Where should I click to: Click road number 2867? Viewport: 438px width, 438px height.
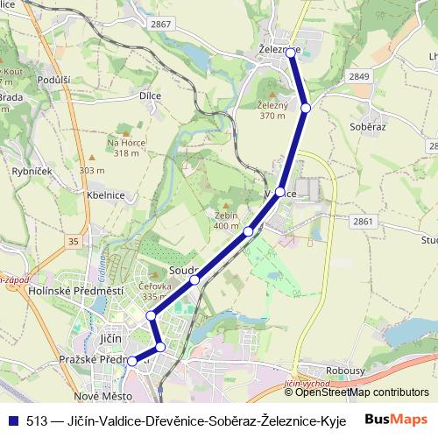[x=160, y=25]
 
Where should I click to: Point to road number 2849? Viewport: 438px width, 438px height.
[x=359, y=76]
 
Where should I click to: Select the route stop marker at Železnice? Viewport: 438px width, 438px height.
[x=292, y=53]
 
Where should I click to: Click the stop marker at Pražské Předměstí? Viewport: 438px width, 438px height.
[x=132, y=360]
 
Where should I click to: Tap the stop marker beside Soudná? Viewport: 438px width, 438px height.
[x=194, y=279]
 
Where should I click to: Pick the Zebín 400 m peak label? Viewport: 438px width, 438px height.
[x=226, y=220]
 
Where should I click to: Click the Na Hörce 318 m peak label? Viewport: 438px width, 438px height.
[x=125, y=147]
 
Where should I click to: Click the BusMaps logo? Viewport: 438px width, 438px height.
[x=396, y=419]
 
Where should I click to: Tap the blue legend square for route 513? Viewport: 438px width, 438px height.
[x=12, y=420]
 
